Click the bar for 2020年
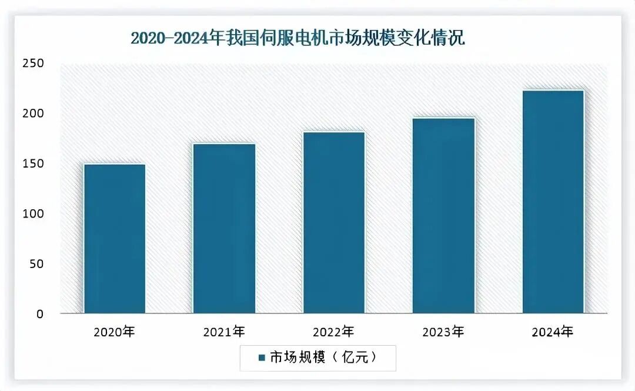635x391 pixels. [115, 238]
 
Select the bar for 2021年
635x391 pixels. [224, 228]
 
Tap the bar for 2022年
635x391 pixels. [334, 222]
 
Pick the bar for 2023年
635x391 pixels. [443, 215]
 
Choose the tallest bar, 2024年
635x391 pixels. [553, 201]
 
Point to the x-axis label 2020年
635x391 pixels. [115, 332]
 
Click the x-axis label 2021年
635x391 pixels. [224, 332]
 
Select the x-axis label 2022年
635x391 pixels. [334, 332]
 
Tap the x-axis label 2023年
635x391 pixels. [443, 332]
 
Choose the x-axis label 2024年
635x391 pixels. [553, 332]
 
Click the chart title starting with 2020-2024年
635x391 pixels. [298, 39]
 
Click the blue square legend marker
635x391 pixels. [261, 357]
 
